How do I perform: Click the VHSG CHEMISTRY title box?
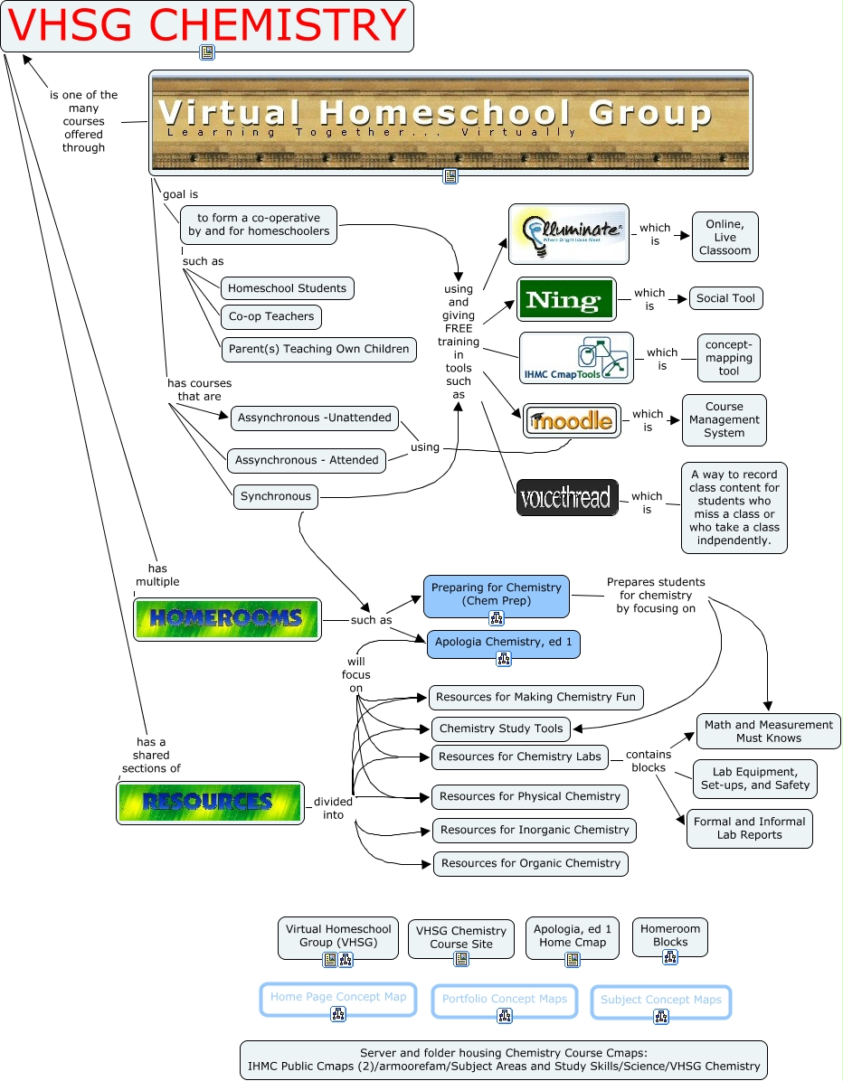(x=207, y=25)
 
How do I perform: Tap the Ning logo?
(x=566, y=299)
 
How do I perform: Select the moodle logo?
(x=572, y=420)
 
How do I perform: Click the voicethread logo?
(x=567, y=497)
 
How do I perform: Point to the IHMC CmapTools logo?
(x=576, y=358)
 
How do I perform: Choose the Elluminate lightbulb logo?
(x=568, y=233)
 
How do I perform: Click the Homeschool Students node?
(x=287, y=288)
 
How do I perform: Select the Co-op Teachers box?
(x=271, y=317)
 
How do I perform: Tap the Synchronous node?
(x=276, y=496)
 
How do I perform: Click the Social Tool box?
(x=725, y=298)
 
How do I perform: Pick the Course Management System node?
(x=724, y=419)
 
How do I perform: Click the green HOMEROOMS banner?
(x=227, y=619)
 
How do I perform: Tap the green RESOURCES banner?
(x=210, y=802)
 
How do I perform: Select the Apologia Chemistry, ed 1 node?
(x=504, y=643)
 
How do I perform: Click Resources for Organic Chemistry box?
(x=530, y=863)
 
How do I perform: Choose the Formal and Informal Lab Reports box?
(x=749, y=828)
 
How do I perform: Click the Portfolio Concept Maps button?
(x=505, y=999)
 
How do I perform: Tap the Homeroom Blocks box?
(x=669, y=935)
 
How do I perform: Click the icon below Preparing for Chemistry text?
(x=497, y=618)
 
